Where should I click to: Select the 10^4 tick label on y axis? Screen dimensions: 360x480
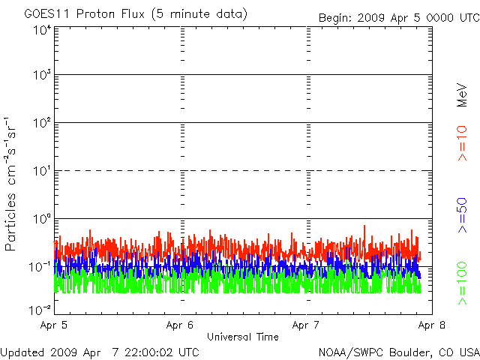tap(41, 30)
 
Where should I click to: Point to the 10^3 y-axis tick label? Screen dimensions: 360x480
tap(41, 75)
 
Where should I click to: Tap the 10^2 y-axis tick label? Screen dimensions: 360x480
tap(41, 123)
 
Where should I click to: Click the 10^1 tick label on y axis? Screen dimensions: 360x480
tap(41, 171)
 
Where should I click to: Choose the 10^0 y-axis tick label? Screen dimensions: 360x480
tap(41, 219)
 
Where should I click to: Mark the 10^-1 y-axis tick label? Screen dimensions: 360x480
tap(40, 267)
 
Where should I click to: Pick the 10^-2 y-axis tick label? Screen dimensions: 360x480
tap(40, 309)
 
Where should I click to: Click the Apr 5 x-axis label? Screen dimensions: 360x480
tap(55, 325)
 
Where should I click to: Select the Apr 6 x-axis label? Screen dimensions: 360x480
tap(180, 325)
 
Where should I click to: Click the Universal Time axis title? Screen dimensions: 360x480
tap(242, 337)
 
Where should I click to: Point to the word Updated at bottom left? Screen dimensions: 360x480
tap(22, 352)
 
